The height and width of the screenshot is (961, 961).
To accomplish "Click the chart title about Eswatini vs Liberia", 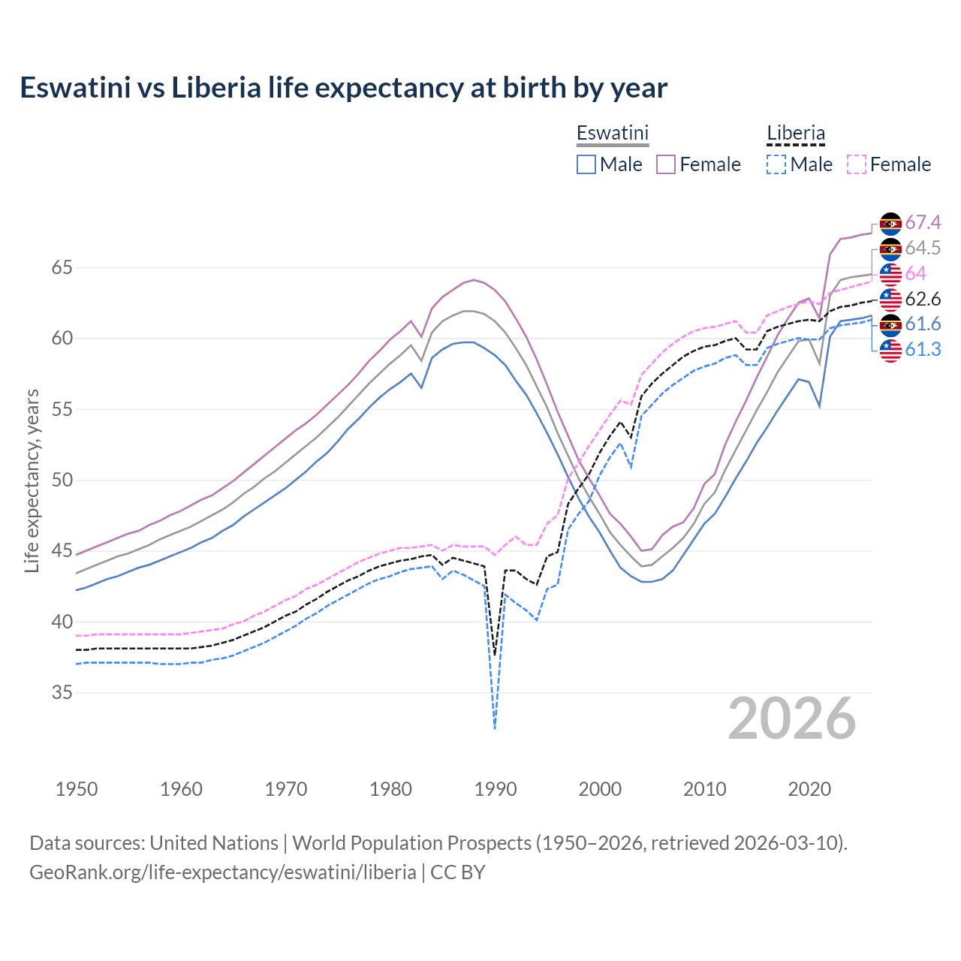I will pos(343,88).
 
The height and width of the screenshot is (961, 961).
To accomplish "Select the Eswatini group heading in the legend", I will pos(612,133).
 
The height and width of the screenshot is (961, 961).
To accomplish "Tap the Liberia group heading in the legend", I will pos(795,133).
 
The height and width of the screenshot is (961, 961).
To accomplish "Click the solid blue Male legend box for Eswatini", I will pos(586,164).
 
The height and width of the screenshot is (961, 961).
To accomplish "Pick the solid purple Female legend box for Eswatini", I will pos(666,164).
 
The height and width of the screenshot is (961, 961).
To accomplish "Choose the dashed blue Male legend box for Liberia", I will pos(776,164).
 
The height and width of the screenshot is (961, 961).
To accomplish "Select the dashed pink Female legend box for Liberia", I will pos(857,164).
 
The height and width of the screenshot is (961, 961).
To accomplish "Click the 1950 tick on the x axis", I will pos(77,789).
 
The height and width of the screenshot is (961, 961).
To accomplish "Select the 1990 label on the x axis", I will pos(496,789).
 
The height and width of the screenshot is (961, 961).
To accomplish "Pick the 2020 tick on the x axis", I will pos(809,789).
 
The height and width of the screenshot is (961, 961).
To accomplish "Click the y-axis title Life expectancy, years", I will pos(32,480).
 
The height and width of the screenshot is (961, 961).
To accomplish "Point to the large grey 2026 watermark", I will pos(791,719).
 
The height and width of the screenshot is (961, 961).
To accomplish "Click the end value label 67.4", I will pos(923,223).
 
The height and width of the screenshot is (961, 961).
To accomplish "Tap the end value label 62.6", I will pos(923,300).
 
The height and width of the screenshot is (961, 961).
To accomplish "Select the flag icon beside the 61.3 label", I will pos(890,350).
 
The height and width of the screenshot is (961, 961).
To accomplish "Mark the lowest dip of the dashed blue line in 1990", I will pos(495,728).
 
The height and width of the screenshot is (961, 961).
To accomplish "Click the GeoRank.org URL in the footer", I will pos(222,872).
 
